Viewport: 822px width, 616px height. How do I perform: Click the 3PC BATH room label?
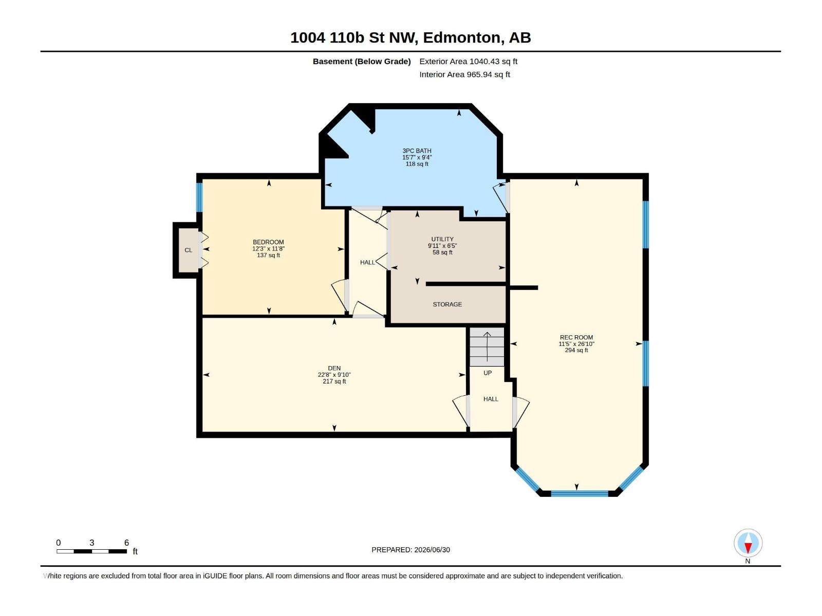point(417,151)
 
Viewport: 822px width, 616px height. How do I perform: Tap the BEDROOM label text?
point(268,242)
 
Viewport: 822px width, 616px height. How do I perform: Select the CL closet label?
point(189,250)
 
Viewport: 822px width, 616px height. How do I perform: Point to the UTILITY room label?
point(442,239)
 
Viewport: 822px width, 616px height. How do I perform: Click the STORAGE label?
point(447,304)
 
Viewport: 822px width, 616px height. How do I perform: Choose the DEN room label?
point(334,369)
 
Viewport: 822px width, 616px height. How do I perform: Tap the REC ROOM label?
point(576,337)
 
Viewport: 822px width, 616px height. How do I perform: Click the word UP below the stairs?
point(487,373)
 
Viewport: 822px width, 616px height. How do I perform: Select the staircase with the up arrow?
point(487,347)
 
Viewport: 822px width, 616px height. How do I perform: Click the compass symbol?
point(748,543)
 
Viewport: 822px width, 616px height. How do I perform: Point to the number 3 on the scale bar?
point(92,543)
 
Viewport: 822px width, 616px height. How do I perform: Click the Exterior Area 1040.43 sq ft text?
point(468,61)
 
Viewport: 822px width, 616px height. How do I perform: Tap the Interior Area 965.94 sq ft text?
point(464,74)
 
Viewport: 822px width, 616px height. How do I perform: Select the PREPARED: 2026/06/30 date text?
point(411,550)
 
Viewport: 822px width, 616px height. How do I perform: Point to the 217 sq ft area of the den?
point(334,381)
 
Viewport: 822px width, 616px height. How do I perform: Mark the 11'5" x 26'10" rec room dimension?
point(576,344)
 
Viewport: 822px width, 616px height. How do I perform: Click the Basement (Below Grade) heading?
point(362,61)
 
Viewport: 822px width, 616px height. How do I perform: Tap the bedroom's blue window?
point(200,197)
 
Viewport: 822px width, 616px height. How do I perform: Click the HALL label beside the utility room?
point(367,262)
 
